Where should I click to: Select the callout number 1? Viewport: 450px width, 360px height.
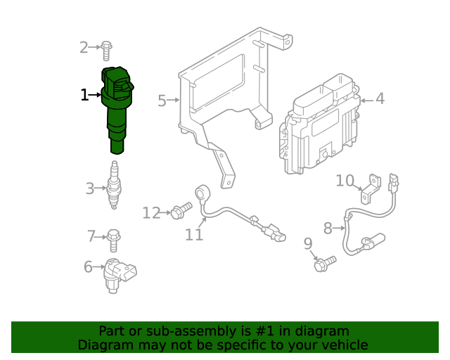(x=84, y=94)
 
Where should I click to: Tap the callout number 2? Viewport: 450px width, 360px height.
(x=84, y=48)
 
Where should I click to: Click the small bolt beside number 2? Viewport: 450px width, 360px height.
(x=106, y=49)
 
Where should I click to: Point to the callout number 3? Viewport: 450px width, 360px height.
(x=89, y=188)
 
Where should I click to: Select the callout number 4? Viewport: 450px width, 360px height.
(x=380, y=99)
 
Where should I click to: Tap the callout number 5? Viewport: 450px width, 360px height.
(x=162, y=101)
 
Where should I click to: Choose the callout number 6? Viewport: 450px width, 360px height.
(x=89, y=266)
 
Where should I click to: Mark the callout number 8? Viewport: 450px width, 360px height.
(x=328, y=228)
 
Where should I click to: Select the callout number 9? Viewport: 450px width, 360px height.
(x=307, y=244)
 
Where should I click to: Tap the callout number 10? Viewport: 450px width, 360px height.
(x=345, y=181)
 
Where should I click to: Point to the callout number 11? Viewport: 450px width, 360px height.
(x=194, y=235)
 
